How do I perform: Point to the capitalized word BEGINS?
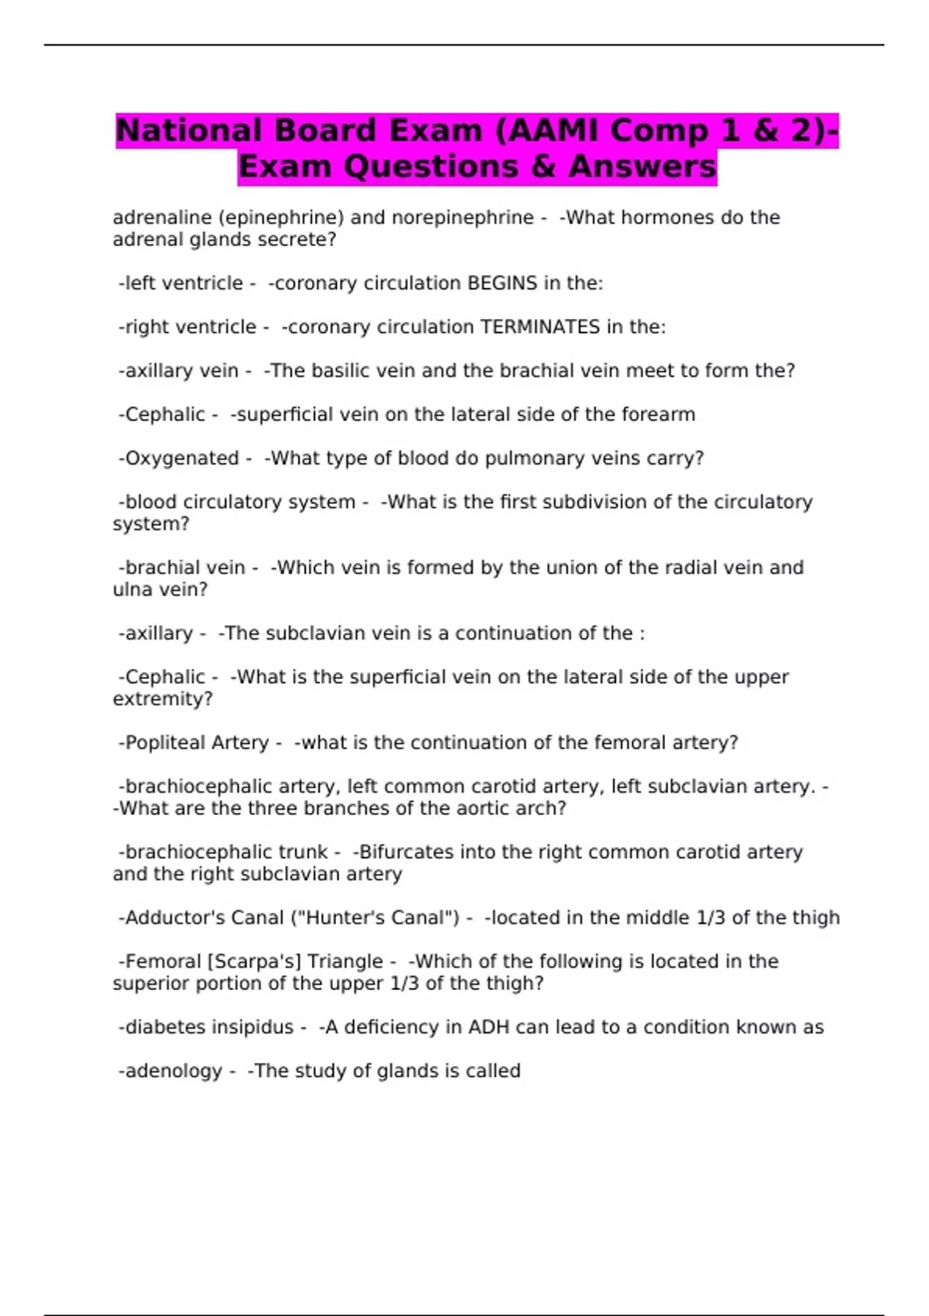point(502,283)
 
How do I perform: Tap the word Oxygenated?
point(182,458)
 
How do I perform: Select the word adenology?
point(173,1071)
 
